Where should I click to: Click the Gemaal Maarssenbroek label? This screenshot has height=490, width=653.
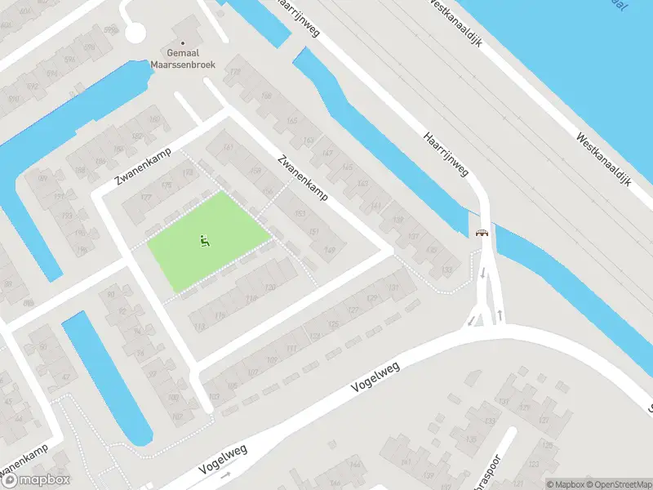coord(182,59)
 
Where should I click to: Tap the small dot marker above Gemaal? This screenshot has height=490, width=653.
coord(182,42)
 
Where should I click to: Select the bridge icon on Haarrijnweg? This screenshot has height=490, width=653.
coord(482,233)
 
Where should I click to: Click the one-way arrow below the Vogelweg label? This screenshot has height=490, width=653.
coord(226,473)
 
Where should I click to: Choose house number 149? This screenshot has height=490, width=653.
coord(330,250)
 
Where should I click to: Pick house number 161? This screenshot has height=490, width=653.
coord(228,147)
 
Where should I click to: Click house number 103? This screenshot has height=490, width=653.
coord(214,397)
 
